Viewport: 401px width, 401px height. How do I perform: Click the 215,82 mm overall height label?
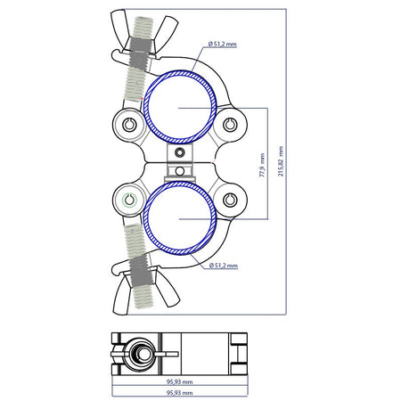[x=281, y=161]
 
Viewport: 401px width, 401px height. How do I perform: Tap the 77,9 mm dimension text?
[x=262, y=166]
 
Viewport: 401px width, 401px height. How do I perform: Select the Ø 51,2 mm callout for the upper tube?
[x=223, y=45]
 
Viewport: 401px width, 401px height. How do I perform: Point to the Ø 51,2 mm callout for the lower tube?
[x=224, y=266]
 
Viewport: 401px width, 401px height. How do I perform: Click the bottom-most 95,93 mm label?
[x=180, y=393]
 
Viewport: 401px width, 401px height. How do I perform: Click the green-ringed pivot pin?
[x=129, y=200]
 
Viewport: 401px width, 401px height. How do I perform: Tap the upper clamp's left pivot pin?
[x=129, y=125]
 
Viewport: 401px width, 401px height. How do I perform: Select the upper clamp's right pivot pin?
[x=230, y=125]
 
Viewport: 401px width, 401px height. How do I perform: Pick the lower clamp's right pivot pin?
[x=230, y=200]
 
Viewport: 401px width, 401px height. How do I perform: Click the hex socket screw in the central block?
[x=179, y=152]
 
